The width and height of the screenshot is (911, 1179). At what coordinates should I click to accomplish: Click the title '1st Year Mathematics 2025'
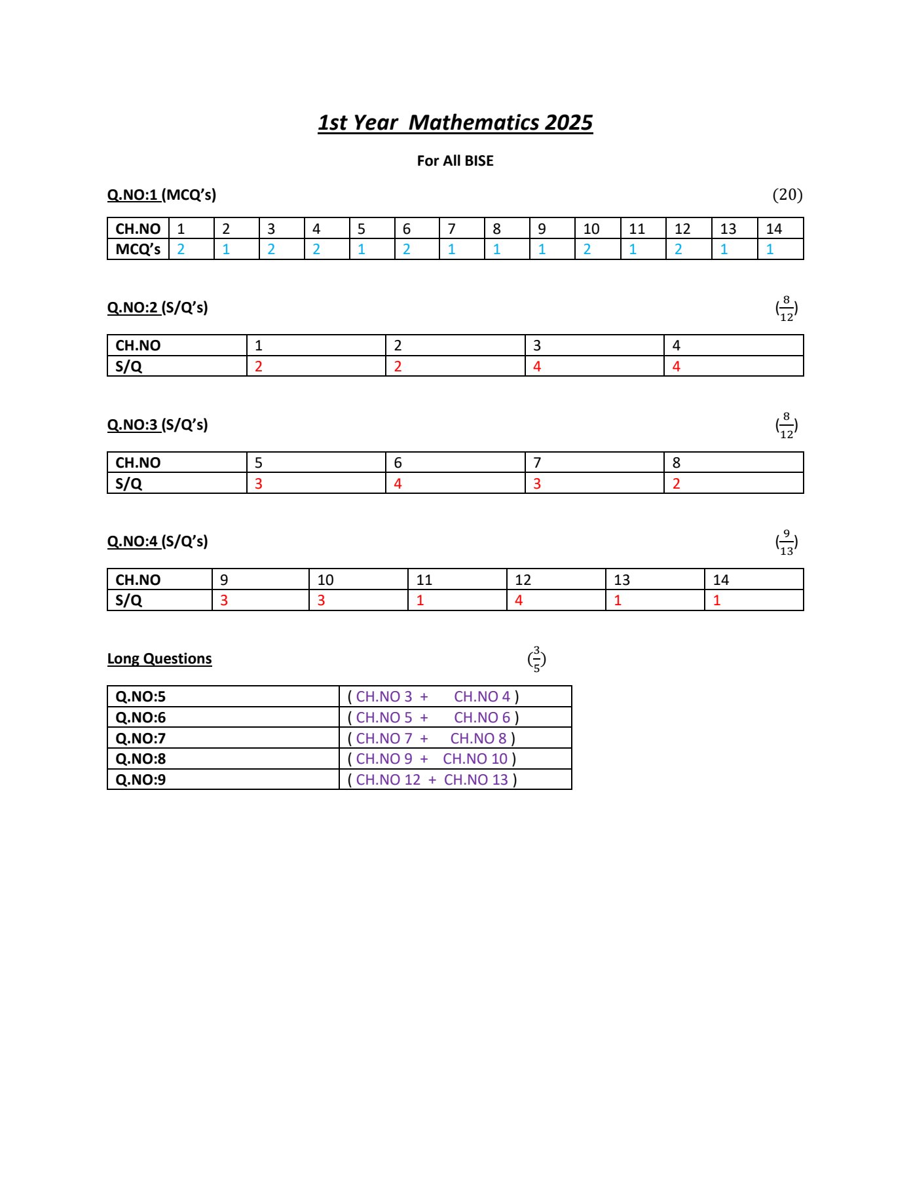[x=455, y=122]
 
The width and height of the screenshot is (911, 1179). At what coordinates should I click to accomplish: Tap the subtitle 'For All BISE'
[x=455, y=160]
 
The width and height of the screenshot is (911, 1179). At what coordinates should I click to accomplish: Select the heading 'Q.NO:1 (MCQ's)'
[x=162, y=195]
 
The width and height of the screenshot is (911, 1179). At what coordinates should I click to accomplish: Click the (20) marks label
[x=787, y=195]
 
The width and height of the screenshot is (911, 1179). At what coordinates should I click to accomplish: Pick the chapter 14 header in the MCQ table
[x=774, y=229]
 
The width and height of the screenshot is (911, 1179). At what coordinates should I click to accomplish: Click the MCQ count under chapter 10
[x=587, y=249]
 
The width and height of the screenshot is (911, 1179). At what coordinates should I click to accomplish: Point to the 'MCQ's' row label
[x=138, y=249]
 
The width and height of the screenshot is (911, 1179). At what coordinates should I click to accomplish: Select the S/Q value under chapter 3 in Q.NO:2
[x=537, y=366]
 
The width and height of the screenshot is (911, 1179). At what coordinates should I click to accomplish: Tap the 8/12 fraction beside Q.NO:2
[x=787, y=309]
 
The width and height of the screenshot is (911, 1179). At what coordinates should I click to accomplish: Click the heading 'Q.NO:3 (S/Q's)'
[x=158, y=424]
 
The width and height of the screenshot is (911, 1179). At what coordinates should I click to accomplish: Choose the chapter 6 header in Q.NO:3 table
[x=398, y=462]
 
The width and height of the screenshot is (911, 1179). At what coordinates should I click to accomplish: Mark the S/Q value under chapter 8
[x=677, y=483]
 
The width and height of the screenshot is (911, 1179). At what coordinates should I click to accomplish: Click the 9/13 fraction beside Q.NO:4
[x=787, y=542]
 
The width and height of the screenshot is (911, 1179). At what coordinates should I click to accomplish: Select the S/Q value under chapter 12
[x=519, y=600]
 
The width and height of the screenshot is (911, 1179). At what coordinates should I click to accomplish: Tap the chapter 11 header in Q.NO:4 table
[x=424, y=580]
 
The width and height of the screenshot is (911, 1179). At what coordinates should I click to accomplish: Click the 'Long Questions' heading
[x=160, y=658]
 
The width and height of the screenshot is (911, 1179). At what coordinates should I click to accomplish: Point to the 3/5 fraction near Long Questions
[x=537, y=660]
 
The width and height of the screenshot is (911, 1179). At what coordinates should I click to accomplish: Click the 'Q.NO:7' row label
[x=141, y=738]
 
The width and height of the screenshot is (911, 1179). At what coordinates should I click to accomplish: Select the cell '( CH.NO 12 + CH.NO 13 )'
[x=432, y=779]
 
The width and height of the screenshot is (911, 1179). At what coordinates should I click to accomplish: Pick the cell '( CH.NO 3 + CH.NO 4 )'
[x=433, y=696]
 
